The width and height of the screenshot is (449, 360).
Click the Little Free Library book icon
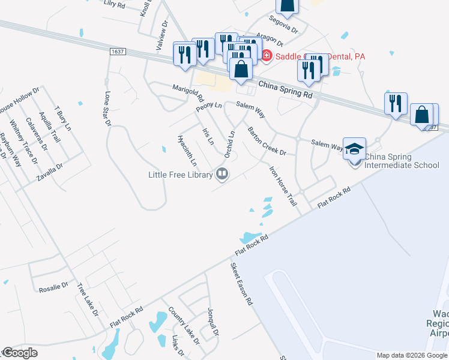point(222,175)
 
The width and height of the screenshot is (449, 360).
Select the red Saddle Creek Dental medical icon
point(266,56)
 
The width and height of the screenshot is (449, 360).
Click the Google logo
point(19,353)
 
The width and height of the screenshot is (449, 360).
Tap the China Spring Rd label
point(286,90)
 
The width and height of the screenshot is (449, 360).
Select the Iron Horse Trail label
point(283,187)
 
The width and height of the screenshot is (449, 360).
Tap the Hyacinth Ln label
point(187,150)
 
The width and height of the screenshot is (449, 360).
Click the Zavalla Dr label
point(50,172)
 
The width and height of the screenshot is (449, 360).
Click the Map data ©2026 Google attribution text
point(411,355)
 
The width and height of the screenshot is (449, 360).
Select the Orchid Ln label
point(229,145)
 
